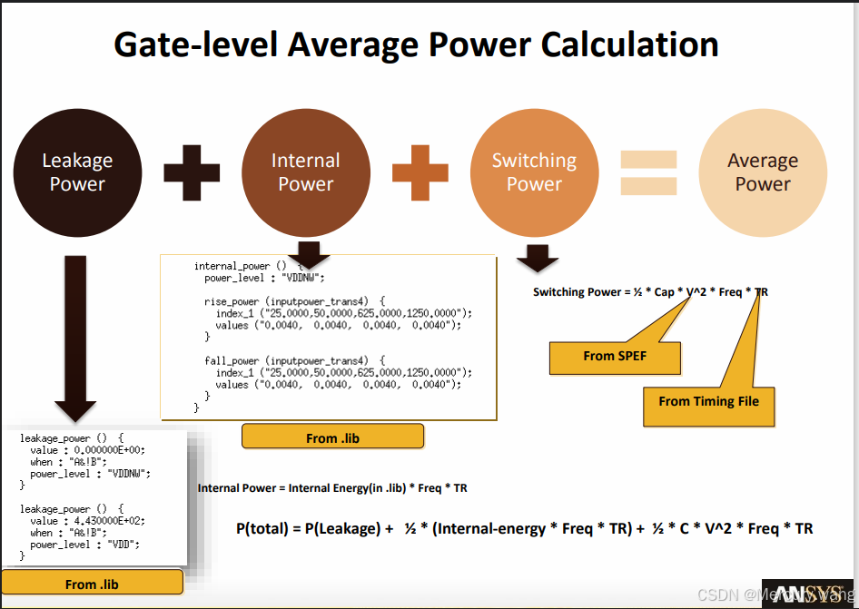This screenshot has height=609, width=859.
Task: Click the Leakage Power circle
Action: tap(77, 172)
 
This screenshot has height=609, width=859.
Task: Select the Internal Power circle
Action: tap(306, 172)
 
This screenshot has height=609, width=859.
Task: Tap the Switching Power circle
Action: tap(534, 172)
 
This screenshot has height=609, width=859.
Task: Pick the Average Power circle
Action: tap(763, 172)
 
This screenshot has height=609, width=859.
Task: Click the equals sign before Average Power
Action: tap(648, 172)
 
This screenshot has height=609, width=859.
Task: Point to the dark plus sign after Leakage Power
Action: tap(192, 172)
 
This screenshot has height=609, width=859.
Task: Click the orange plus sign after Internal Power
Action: tap(420, 172)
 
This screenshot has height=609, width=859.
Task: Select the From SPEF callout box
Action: tap(615, 357)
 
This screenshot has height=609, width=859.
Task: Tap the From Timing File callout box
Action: tap(708, 401)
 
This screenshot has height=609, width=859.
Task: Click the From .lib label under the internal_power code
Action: tap(332, 437)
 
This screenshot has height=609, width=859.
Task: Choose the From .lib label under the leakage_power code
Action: tap(93, 584)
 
